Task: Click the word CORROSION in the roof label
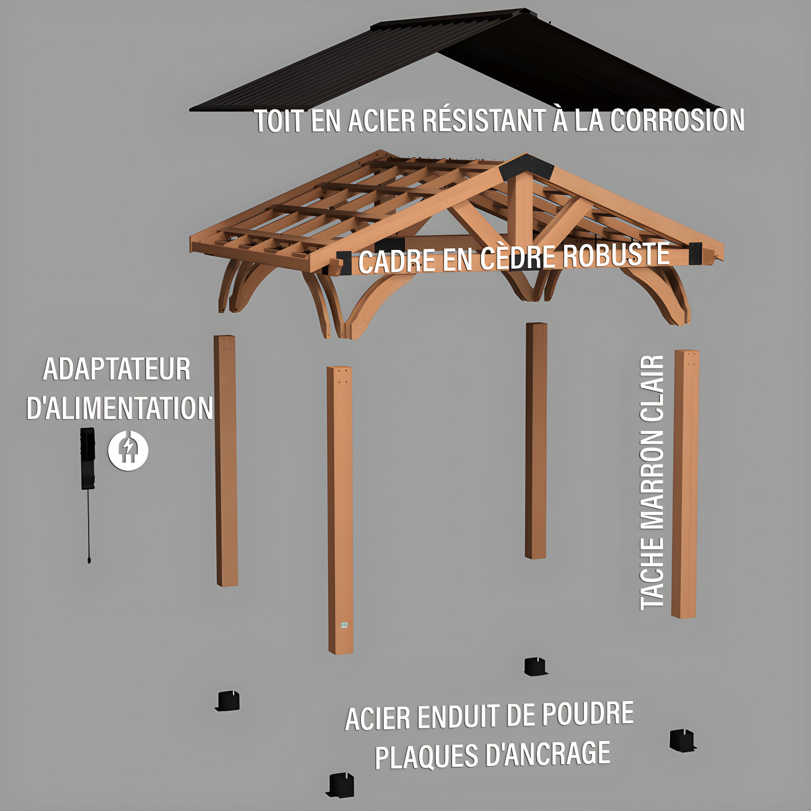coord(677,121)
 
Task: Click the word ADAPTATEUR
coord(117,369)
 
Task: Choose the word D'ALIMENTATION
coord(120,409)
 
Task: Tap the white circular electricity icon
coord(128,450)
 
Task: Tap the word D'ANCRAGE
coord(547,754)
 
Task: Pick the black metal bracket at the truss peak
coord(527,167)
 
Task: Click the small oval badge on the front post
coord(344,625)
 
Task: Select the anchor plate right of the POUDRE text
coord(682,741)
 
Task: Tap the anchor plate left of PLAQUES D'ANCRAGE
coord(341,785)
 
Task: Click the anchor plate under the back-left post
coord(228,701)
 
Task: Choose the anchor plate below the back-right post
coord(535,666)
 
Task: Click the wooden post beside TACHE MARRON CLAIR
coord(685,484)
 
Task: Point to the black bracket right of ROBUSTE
coord(695,253)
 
